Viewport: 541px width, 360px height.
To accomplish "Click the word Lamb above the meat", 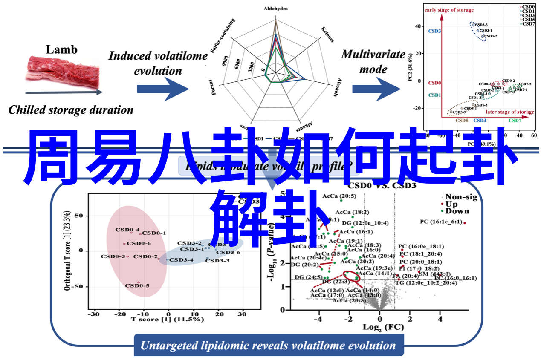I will (x=62, y=49).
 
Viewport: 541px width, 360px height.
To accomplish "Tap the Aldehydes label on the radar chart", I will (x=275, y=9).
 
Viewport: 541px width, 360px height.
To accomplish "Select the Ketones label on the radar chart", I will (x=327, y=34).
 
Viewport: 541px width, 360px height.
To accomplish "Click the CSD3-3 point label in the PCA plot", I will (x=481, y=25).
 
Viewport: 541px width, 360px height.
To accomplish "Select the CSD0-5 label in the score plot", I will (x=137, y=286).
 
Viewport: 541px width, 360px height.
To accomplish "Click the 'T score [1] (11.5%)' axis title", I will (x=167, y=319).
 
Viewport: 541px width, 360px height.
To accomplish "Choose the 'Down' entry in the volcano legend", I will (x=457, y=211).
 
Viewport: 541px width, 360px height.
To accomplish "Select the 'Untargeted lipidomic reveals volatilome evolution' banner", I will (x=268, y=346).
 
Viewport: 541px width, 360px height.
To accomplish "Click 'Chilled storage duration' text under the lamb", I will (x=71, y=110).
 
